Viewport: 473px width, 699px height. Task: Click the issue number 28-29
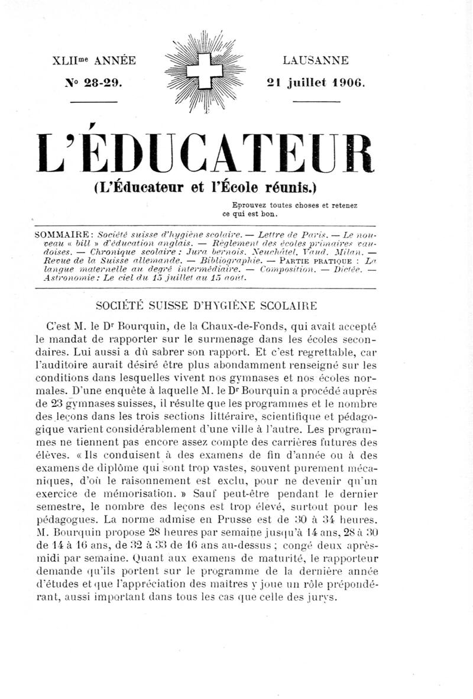[95, 83]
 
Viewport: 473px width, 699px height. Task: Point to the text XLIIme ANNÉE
[95, 60]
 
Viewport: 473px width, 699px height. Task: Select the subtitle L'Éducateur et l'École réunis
[205, 189]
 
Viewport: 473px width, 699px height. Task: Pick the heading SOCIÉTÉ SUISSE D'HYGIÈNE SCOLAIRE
[205, 306]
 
